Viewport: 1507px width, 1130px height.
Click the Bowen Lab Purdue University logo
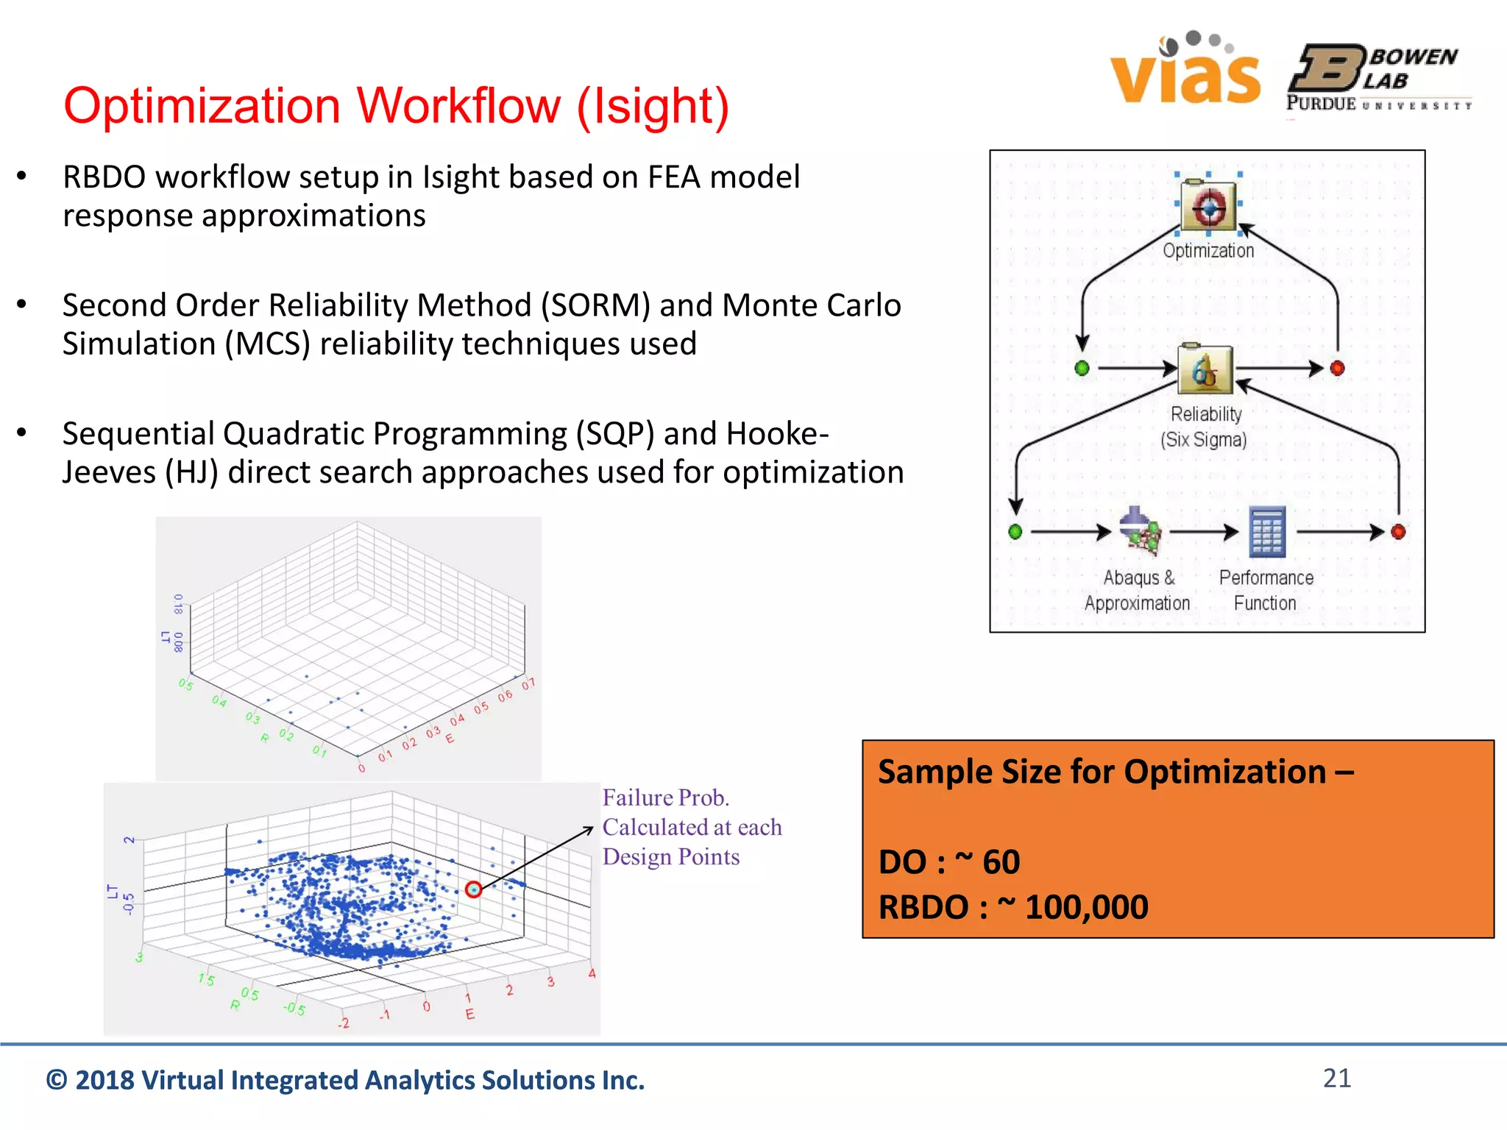[x=1377, y=78]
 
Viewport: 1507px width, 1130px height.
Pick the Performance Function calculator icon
[x=1267, y=530]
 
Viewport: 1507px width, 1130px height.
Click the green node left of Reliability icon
[x=1082, y=368]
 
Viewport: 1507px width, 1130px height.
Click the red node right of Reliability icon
[x=1337, y=368]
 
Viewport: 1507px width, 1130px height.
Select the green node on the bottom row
[x=1015, y=531]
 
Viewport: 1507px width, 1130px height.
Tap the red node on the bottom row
[x=1398, y=531]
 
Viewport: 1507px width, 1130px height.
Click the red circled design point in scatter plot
[x=473, y=889]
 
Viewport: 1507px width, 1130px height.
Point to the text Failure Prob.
[x=665, y=798]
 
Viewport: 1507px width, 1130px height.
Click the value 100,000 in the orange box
[x=1086, y=907]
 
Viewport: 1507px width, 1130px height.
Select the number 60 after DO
[x=1001, y=862]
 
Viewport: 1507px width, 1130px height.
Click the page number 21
[x=1337, y=1078]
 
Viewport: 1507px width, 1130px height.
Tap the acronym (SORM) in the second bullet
[x=595, y=305]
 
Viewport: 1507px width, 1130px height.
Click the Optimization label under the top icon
[x=1208, y=251]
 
